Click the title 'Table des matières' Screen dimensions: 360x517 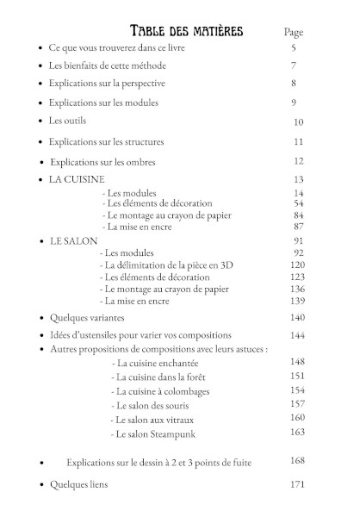click(185, 32)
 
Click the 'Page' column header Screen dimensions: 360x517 click(295, 32)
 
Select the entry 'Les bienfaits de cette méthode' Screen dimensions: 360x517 click(108, 65)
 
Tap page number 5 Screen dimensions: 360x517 click(294, 48)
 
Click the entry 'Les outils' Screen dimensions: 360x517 click(68, 121)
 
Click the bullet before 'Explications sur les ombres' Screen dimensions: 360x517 click(41, 162)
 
